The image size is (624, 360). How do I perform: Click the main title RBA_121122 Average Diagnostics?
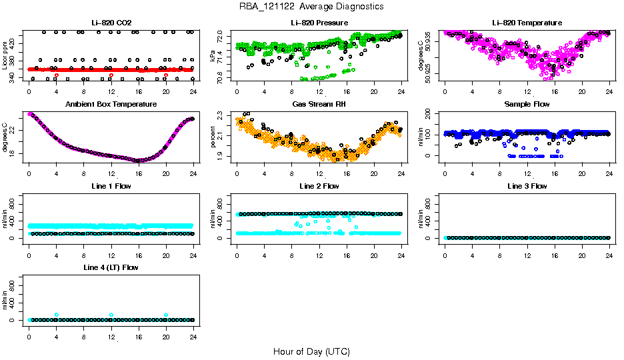tap(312, 6)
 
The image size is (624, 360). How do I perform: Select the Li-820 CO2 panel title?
tap(111, 23)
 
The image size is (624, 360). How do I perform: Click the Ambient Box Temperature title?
tap(111, 104)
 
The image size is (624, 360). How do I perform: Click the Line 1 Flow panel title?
tap(111, 186)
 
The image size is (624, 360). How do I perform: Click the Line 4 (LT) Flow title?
tap(111, 267)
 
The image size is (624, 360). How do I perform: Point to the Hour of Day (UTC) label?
tap(311, 351)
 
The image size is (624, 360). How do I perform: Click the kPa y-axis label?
tap(213, 55)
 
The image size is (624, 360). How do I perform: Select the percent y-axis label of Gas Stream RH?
tap(213, 137)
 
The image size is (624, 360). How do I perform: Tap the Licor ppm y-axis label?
tap(5, 55)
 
